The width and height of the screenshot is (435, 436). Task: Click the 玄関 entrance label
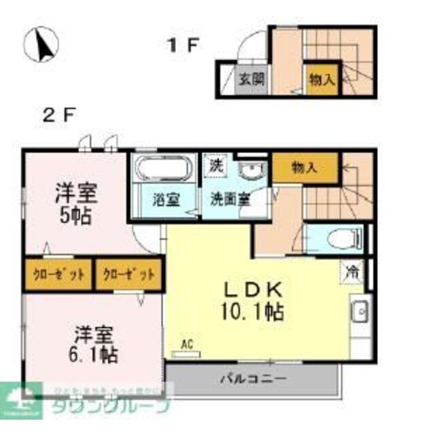pos(251,79)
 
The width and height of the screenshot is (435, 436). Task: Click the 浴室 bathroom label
pos(165,201)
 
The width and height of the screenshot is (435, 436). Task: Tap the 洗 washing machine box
pos(215,164)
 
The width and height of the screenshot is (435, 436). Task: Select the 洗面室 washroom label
pos(228,201)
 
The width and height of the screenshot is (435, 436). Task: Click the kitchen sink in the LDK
pos(360,312)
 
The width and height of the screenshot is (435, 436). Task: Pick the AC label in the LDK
pos(187,345)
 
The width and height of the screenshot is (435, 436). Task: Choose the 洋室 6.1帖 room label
pos(94,344)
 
